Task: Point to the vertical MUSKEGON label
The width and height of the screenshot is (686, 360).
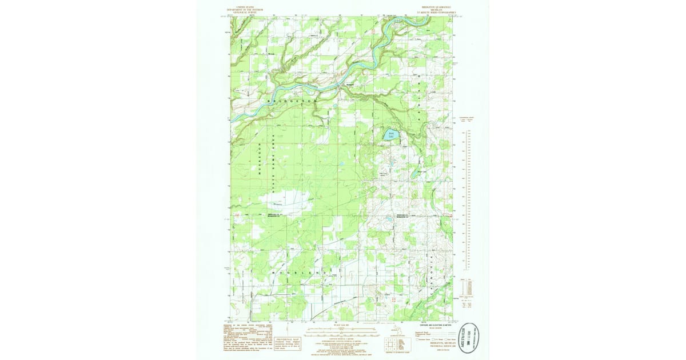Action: click(x=260, y=161)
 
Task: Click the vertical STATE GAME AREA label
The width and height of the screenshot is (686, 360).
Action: click(x=274, y=163)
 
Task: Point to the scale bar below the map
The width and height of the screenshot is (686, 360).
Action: click(x=340, y=331)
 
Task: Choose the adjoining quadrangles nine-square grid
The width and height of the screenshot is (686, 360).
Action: click(x=389, y=343)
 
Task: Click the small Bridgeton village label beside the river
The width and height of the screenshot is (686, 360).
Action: click(x=349, y=83)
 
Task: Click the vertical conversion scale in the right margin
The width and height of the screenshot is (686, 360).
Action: click(x=467, y=200)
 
